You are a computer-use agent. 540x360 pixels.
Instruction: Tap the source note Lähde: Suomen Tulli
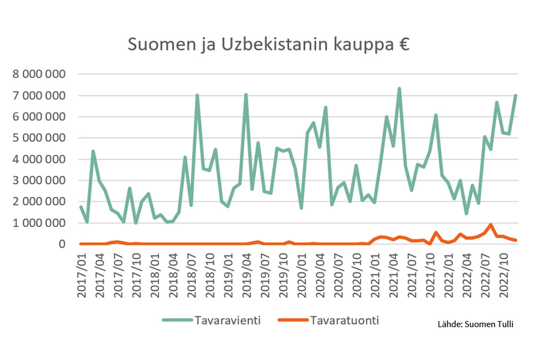475,324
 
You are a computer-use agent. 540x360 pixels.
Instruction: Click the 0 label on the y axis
61,244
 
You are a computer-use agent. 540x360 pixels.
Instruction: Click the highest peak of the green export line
399,89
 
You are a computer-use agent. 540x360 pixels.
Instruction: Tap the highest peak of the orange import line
491,225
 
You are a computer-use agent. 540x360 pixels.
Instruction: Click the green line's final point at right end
516,96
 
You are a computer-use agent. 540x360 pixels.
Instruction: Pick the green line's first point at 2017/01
81,207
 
